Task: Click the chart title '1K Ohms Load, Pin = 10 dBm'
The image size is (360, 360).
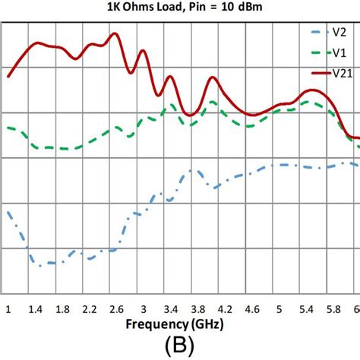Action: pyautogui.click(x=180, y=8)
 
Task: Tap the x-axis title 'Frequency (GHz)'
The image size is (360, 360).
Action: pyautogui.click(x=180, y=325)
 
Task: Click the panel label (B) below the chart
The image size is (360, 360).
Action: pyautogui.click(x=180, y=346)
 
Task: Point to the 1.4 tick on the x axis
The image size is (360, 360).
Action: pyautogui.click(x=34, y=308)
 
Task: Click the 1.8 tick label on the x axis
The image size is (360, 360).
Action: pyautogui.click(x=62, y=308)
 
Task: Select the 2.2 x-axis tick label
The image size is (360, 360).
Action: pyautogui.click(x=89, y=308)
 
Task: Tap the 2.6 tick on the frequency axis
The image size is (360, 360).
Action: pyautogui.click(x=116, y=308)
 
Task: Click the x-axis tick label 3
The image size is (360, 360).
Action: pyautogui.click(x=144, y=308)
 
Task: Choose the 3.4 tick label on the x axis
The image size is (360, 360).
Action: pyautogui.click(x=171, y=308)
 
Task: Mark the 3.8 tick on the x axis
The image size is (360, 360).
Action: pyautogui.click(x=197, y=308)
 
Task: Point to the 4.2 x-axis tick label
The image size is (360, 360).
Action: pyautogui.click(x=225, y=308)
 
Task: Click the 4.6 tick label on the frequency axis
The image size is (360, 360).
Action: pyautogui.click(x=252, y=308)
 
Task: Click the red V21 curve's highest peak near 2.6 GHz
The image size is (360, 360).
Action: pyautogui.click(x=115, y=33)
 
